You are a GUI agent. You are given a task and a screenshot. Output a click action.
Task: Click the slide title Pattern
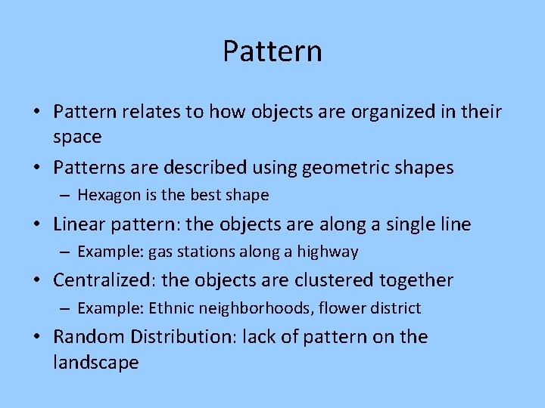272,51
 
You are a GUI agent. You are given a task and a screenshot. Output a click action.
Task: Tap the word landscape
95,363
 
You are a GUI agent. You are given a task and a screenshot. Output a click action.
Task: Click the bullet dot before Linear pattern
37,225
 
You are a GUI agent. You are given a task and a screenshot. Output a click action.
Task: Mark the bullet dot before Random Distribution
37,337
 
